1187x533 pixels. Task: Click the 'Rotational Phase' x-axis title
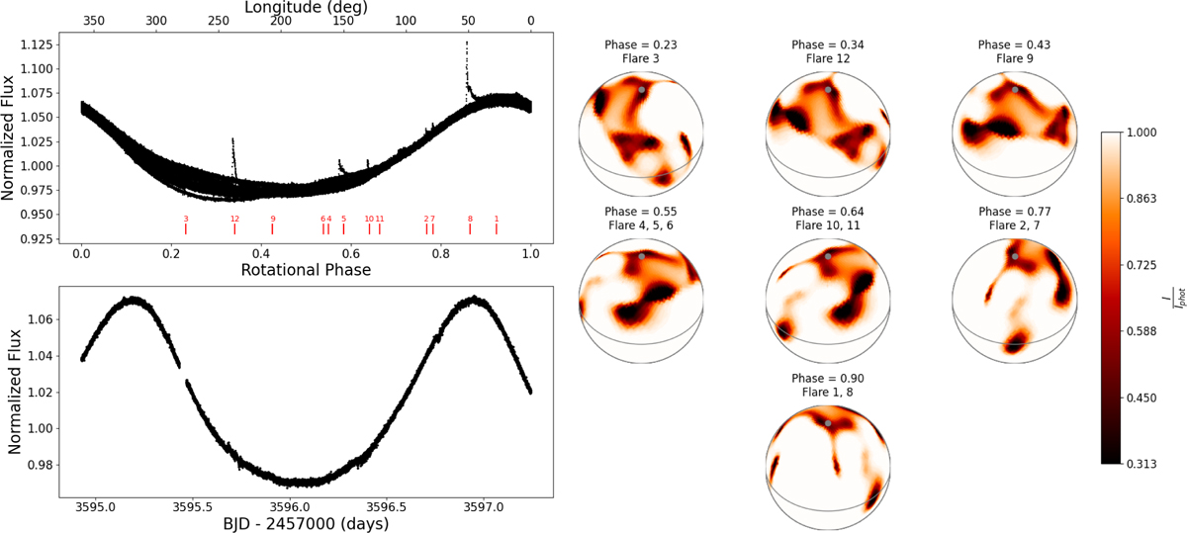(x=306, y=269)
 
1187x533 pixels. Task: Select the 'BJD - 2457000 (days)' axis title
(x=306, y=524)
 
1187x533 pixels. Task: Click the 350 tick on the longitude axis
(x=94, y=21)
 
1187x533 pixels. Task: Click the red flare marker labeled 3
(x=186, y=228)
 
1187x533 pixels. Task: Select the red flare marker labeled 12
(x=234, y=228)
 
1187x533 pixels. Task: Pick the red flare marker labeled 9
(x=273, y=228)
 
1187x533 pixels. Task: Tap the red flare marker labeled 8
(x=470, y=228)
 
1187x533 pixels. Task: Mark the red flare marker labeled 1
(x=497, y=228)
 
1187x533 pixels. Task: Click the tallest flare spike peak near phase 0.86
(x=467, y=44)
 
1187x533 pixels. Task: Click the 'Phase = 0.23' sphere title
(x=642, y=44)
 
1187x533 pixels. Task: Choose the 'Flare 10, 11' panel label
(x=828, y=224)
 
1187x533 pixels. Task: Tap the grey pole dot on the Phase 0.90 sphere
(x=828, y=422)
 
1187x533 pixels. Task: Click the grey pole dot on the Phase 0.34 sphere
(x=828, y=89)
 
